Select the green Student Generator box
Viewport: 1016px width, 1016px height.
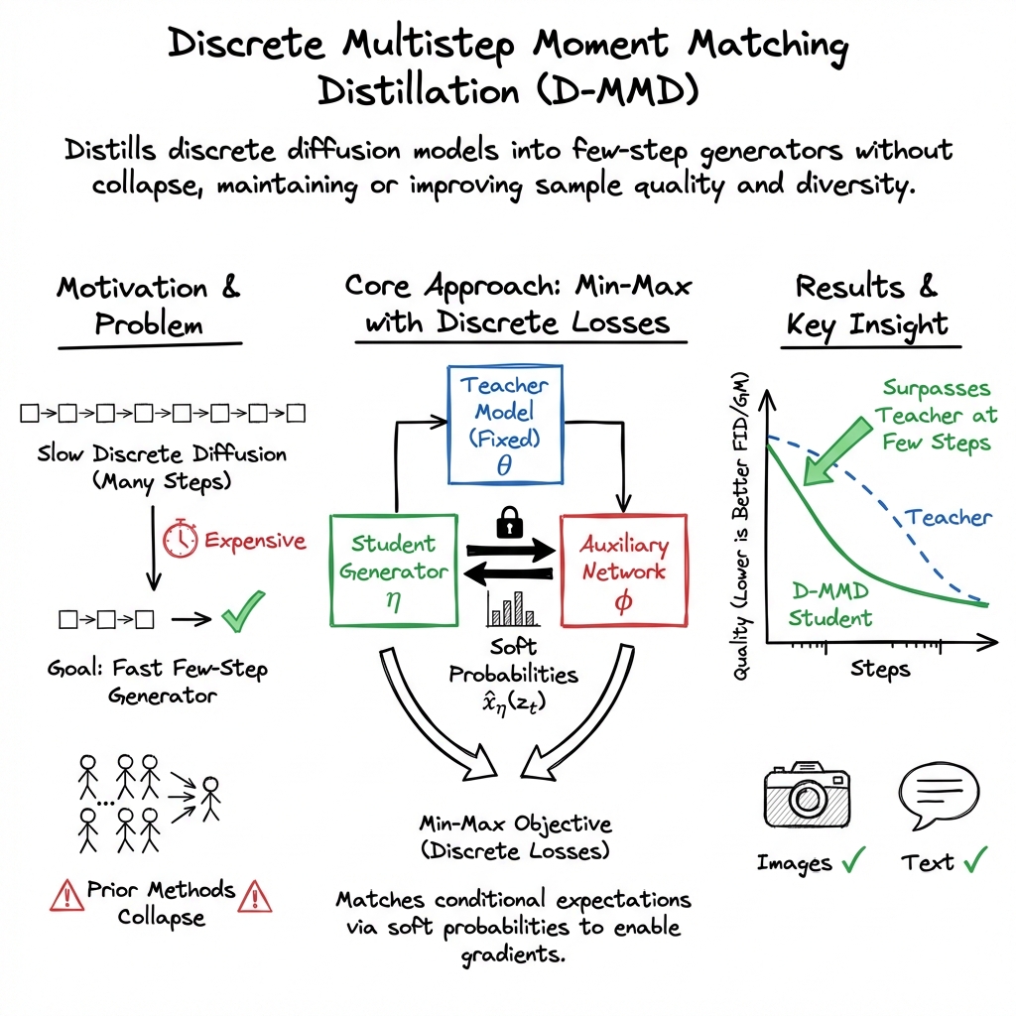tap(392, 570)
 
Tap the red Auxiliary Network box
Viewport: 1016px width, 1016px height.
tap(624, 570)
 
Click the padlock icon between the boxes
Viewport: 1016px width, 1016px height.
tap(508, 521)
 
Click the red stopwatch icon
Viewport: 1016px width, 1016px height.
tap(181, 539)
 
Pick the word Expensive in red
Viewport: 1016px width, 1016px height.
tap(255, 540)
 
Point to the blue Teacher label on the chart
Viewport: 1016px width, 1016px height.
tap(949, 517)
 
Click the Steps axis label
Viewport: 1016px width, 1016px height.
tap(879, 669)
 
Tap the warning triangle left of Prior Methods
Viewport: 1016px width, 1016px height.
tap(66, 896)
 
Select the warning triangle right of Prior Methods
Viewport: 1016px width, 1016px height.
tap(256, 896)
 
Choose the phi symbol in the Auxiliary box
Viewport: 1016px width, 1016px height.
tap(623, 605)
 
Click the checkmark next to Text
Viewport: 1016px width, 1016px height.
tap(976, 860)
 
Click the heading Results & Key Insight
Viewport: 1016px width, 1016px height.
tap(867, 305)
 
